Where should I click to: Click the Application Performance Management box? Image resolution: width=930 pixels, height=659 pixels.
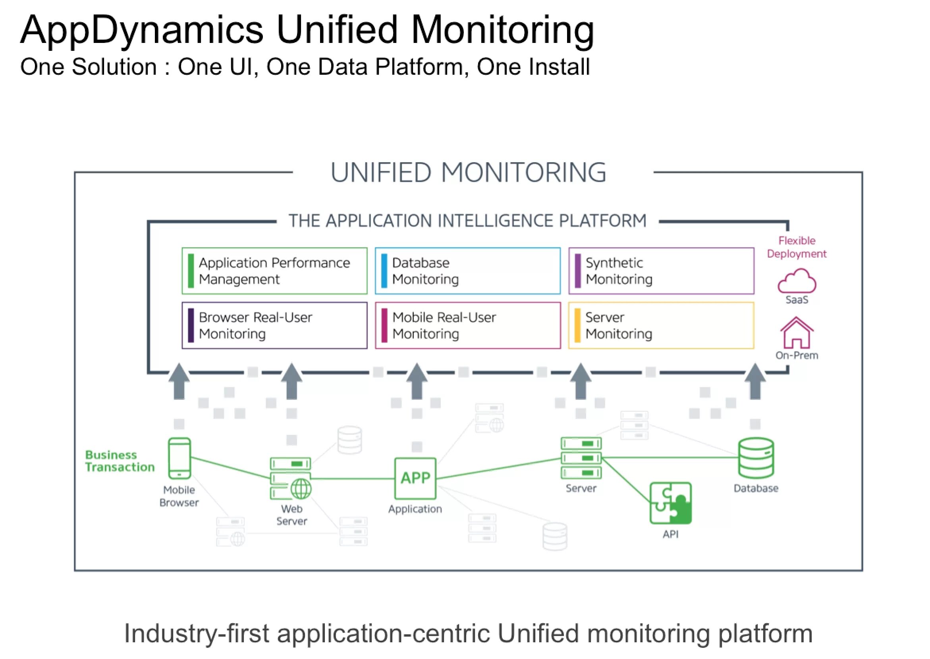pyautogui.click(x=274, y=271)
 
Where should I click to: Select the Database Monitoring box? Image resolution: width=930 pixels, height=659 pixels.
pyautogui.click(x=467, y=271)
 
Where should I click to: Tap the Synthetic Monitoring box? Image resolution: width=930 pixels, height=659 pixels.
pyautogui.click(x=661, y=271)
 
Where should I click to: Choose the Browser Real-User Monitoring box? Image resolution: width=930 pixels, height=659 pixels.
pyautogui.click(x=274, y=325)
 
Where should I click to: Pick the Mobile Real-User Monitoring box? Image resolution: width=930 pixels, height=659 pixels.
pyautogui.click(x=467, y=325)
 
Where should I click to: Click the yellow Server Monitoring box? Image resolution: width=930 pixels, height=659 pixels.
pyautogui.click(x=661, y=325)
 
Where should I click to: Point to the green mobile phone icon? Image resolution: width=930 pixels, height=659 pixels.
pyautogui.click(x=179, y=458)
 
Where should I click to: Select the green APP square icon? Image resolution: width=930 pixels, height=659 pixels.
pyautogui.click(x=415, y=479)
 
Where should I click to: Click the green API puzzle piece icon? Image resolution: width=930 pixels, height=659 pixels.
pyautogui.click(x=671, y=503)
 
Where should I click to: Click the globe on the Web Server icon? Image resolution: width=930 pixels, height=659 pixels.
pyautogui.click(x=301, y=488)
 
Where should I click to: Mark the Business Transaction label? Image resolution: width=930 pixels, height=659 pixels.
pyautogui.click(x=120, y=461)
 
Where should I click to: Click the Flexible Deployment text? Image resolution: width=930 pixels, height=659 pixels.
pyautogui.click(x=797, y=247)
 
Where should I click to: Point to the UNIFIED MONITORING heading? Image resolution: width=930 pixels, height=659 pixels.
pyautogui.click(x=468, y=173)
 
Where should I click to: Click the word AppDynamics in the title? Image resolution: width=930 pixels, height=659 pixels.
pyautogui.click(x=142, y=31)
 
